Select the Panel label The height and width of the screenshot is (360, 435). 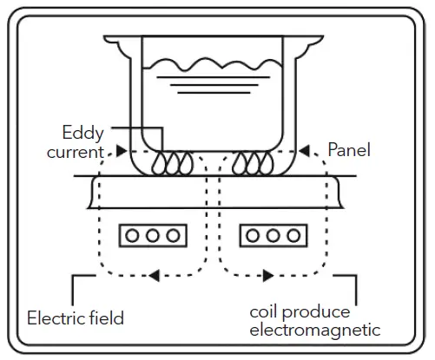350,150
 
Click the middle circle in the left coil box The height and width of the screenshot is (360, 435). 152,235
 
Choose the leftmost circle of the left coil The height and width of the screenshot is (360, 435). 135,235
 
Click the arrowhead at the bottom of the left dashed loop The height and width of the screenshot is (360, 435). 153,277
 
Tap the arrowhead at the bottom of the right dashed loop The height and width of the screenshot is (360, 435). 264,277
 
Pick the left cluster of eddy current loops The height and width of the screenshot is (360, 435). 171,161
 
